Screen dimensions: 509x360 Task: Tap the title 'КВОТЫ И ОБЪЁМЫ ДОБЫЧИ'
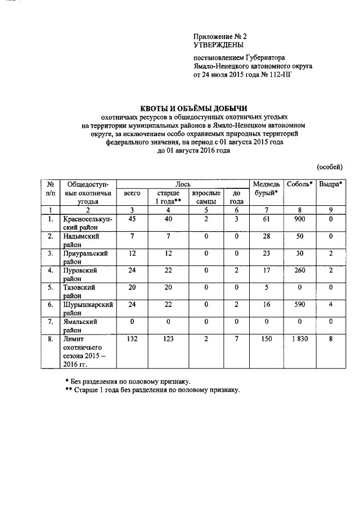tap(193, 109)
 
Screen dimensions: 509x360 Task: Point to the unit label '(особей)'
tap(330, 167)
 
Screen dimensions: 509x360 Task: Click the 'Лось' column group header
tap(183, 184)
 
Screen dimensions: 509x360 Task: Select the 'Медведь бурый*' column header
tap(267, 188)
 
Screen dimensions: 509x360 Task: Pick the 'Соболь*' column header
tap(299, 184)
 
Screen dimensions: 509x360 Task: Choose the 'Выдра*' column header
tap(331, 184)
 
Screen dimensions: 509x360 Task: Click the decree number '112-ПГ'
tap(278, 74)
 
